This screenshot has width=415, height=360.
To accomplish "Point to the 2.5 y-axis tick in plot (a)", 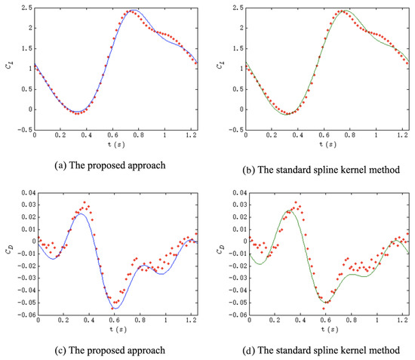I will (x=27, y=8).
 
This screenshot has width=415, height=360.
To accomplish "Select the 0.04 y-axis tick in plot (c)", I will (x=25, y=192).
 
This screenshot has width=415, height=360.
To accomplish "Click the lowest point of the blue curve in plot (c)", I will (x=116, y=309).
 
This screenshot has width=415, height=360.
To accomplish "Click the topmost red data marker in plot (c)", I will (x=85, y=202).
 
